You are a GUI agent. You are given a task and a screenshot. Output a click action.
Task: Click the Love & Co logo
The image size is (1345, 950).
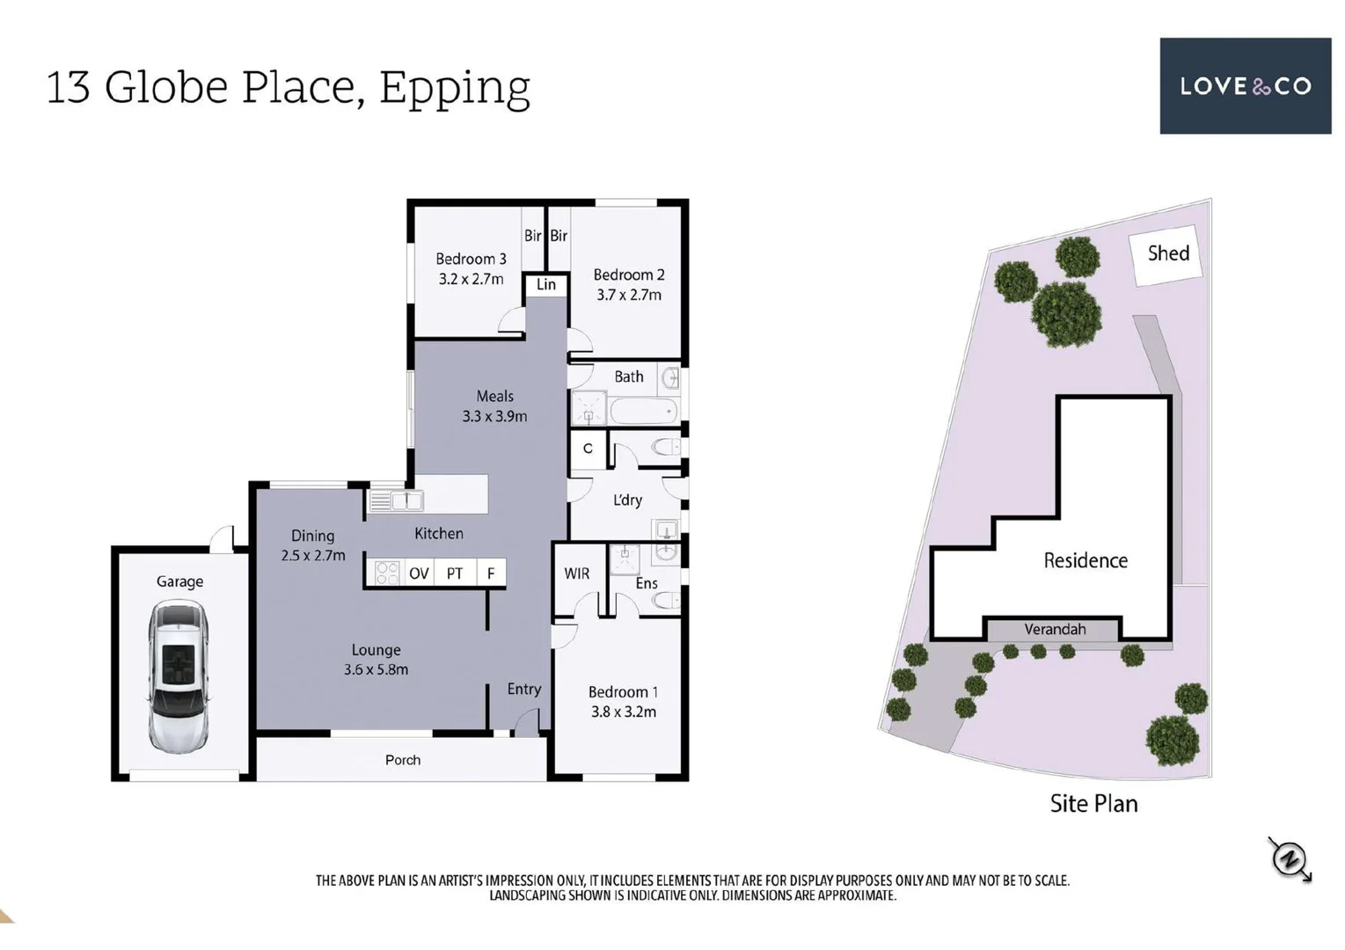point(1246,86)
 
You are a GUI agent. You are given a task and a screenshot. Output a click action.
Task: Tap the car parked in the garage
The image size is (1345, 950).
point(179,676)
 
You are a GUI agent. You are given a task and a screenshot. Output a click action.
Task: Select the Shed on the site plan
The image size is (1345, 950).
point(1166,254)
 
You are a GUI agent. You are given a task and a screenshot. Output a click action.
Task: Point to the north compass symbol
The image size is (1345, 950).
point(1290,859)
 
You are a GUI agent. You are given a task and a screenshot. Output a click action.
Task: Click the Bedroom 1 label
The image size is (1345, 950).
point(624,691)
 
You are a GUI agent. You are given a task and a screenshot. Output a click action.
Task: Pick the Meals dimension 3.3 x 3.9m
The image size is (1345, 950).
point(494,416)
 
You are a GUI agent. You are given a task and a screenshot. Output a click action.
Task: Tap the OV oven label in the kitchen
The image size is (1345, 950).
point(419,574)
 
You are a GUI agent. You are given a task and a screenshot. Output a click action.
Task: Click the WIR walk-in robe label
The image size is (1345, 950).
point(576,574)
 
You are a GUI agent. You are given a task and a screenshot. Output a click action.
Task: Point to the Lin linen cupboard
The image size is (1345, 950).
point(545,285)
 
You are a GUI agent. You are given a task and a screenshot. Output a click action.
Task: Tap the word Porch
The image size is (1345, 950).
point(402,760)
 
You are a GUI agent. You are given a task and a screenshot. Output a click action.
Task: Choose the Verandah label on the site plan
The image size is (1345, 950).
point(1055,629)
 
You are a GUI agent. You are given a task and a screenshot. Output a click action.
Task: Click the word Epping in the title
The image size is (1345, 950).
point(455,89)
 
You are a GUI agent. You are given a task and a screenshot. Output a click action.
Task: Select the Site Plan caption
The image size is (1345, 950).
point(1093,803)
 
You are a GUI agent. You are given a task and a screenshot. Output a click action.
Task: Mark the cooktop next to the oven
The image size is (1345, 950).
point(387,573)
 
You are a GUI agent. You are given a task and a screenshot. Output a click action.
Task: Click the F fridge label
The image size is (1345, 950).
point(491,574)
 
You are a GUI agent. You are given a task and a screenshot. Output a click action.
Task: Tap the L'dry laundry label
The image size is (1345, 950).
point(627,500)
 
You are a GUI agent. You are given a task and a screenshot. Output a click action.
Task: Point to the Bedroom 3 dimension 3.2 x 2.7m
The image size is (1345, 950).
point(471,279)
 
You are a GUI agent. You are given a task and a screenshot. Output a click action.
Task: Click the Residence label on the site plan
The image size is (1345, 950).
point(1086,560)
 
